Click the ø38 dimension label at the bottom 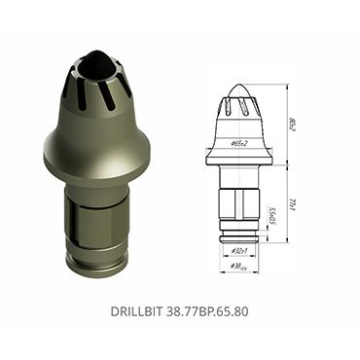[x=239, y=265]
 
